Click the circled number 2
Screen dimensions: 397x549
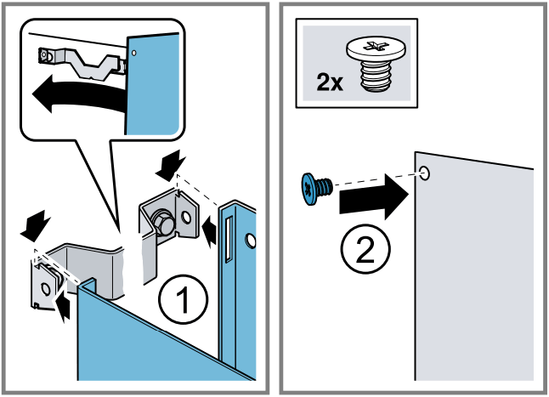click(x=366, y=250)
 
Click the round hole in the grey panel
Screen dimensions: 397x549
click(x=425, y=174)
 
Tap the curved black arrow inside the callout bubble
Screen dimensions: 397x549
click(x=71, y=95)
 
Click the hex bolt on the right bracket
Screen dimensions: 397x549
click(x=161, y=223)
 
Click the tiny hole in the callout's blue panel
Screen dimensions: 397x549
click(x=134, y=50)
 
